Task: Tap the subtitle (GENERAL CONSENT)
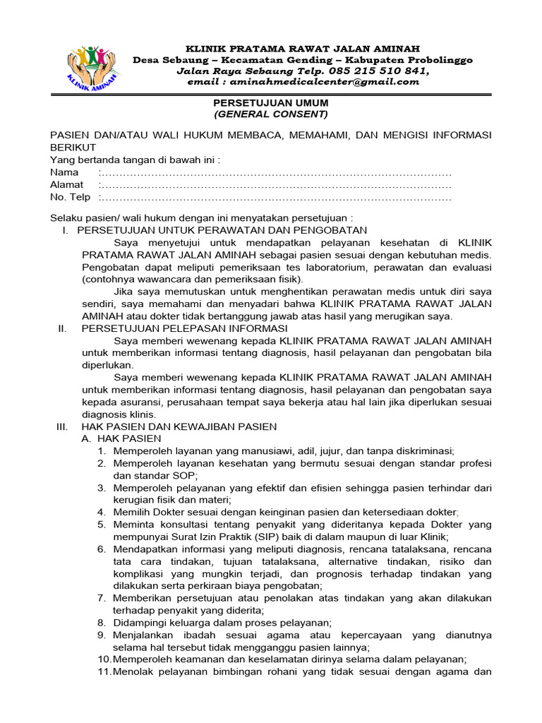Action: point(271,114)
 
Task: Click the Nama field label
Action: point(64,172)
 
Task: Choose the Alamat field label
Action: point(66,184)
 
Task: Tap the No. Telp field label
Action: point(70,197)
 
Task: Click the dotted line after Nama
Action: point(275,173)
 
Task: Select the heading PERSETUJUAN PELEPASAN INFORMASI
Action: point(185,328)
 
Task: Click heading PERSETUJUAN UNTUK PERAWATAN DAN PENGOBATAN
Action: point(222,230)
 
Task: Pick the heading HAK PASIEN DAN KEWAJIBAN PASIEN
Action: point(179,426)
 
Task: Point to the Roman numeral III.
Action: point(61,426)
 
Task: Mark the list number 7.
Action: point(102,598)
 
